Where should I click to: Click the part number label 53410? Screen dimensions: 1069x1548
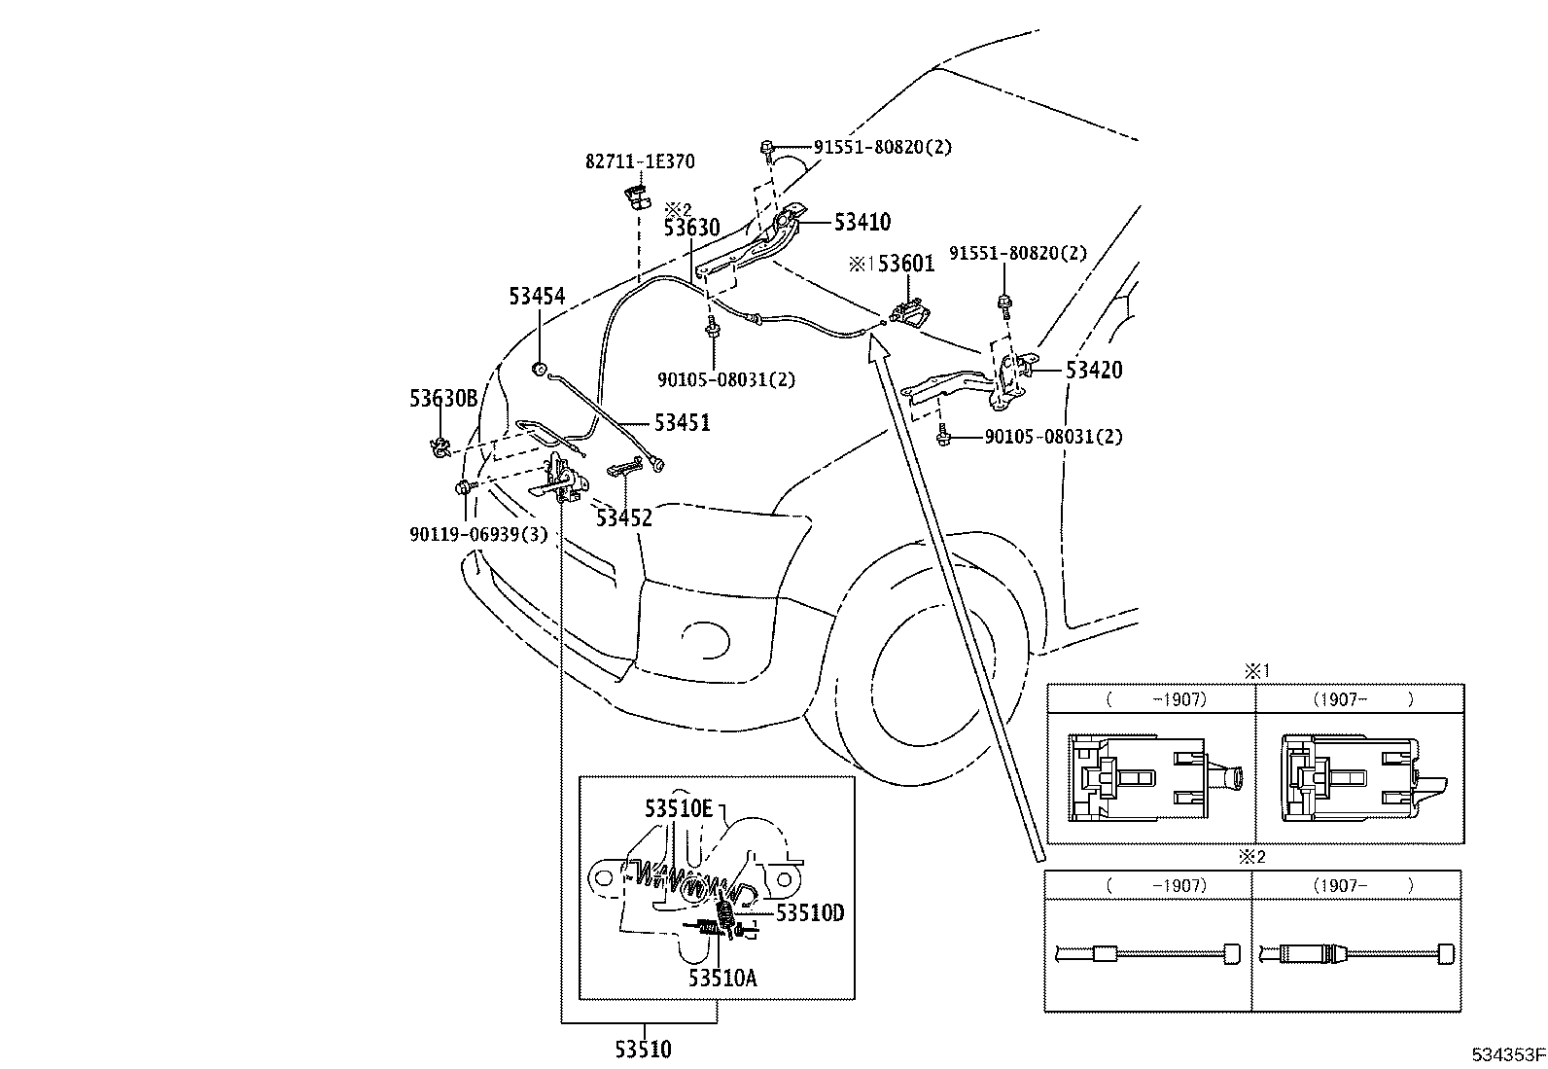pos(862,223)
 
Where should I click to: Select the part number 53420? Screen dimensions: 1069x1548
pos(1094,371)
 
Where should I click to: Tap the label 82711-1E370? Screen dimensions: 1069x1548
pos(640,162)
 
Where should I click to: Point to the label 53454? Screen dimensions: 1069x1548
pos(537,296)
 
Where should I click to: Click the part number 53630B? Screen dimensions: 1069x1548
pos(443,398)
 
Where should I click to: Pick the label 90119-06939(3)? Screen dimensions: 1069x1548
pos(478,534)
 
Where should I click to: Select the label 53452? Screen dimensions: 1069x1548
pos(624,517)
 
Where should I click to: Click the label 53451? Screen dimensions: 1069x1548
pos(682,423)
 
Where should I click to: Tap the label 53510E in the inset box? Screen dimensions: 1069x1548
pos(679,808)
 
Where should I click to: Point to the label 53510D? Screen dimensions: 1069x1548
pos(809,912)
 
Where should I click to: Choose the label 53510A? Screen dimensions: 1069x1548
pos(721,978)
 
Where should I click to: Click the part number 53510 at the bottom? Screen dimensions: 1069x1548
pos(643,1050)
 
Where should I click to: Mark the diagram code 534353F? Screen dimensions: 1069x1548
pos(1507,1053)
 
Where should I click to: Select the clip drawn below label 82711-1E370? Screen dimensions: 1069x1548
pos(637,195)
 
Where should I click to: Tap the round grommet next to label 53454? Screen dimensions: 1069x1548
pos(537,369)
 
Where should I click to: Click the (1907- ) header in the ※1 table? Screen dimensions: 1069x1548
pos(1359,698)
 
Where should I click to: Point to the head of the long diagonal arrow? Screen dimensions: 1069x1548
pos(877,339)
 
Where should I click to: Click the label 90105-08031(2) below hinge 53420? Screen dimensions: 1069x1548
pos(1053,438)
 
